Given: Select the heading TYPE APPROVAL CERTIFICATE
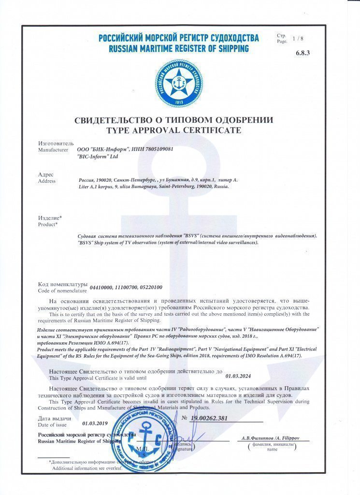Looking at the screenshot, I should [x=173, y=130].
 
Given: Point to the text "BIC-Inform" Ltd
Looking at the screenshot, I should [x=97, y=157].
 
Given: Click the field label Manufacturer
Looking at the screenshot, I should [x=53, y=150].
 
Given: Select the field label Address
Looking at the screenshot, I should [x=46, y=181].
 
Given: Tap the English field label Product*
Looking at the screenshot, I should [x=47, y=224].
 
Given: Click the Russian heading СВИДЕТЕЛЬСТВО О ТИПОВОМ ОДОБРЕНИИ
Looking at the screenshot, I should [x=173, y=120].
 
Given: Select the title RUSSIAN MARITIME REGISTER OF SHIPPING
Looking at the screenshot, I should [x=179, y=48].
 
